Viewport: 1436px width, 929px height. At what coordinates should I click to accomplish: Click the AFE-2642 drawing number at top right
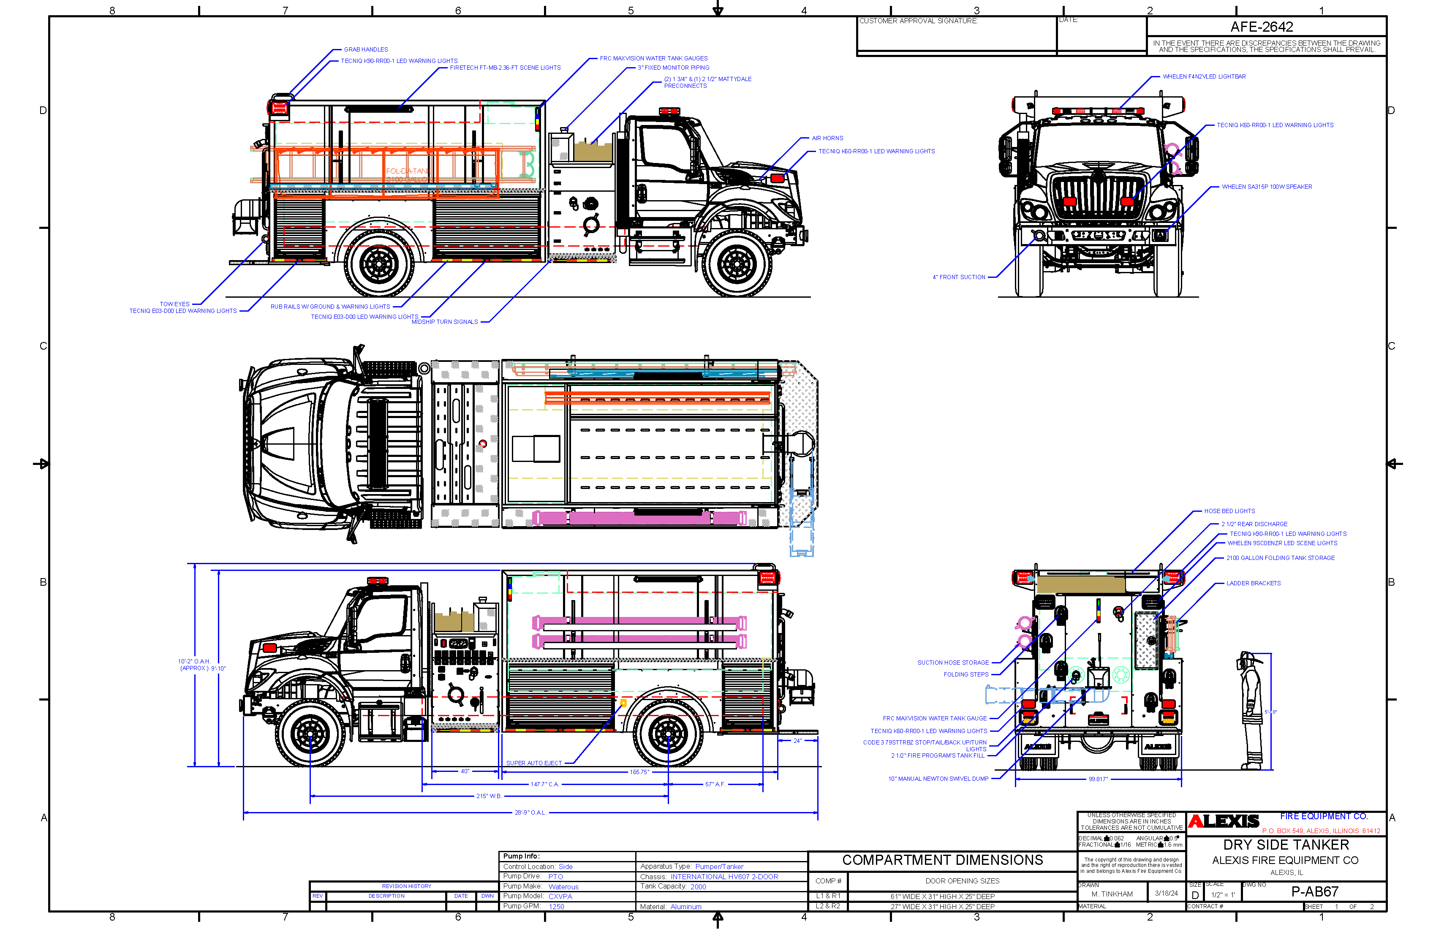click(1261, 27)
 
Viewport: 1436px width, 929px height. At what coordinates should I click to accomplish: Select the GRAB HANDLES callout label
click(366, 49)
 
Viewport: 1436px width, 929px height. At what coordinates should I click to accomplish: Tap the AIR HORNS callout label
click(827, 138)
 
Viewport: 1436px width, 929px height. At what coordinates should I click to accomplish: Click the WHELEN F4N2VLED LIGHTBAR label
click(1204, 76)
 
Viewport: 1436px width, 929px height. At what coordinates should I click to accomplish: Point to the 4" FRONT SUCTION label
click(958, 277)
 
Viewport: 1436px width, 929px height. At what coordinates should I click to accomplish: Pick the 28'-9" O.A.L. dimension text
click(530, 812)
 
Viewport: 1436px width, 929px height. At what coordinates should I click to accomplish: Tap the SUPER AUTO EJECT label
click(533, 763)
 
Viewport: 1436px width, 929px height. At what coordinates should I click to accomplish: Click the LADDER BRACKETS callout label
click(1253, 583)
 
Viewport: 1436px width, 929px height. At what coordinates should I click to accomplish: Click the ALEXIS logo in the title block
click(1224, 822)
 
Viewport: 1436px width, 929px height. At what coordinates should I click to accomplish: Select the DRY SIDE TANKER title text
click(1285, 845)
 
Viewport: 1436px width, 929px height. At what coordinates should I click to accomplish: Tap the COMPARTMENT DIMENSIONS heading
click(942, 860)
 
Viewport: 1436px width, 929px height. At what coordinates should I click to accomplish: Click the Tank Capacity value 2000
click(698, 887)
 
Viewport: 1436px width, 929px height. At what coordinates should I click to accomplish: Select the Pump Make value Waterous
click(563, 887)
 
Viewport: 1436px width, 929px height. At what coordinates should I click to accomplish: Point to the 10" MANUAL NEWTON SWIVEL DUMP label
click(938, 779)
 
